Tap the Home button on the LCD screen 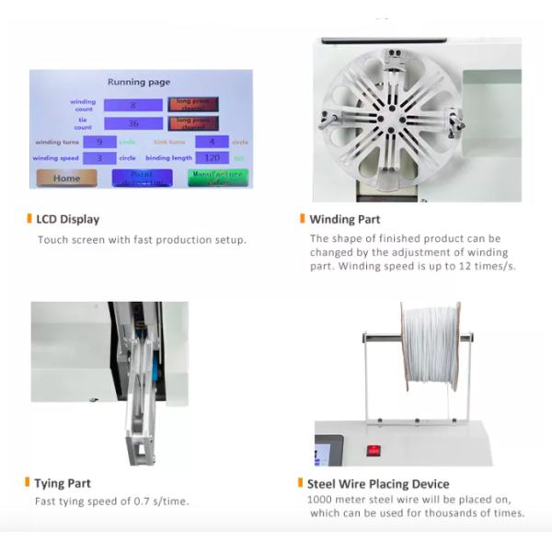(66, 178)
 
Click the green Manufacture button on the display (218, 177)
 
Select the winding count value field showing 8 (132, 105)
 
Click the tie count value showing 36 (132, 123)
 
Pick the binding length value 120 (212, 157)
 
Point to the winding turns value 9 (98, 142)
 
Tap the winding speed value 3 (98, 157)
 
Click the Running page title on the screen (139, 82)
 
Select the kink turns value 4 (212, 142)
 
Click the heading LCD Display (67, 219)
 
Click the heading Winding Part (345, 219)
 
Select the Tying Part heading (63, 483)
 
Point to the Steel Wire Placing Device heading (378, 483)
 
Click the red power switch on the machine (374, 451)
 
